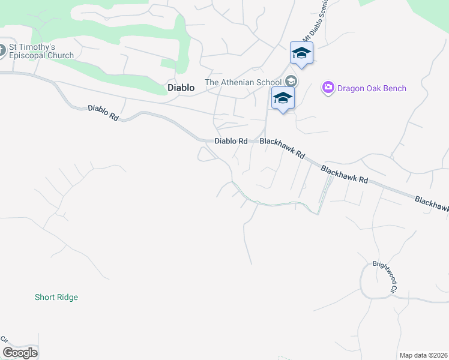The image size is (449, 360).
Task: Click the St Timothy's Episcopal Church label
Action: [41, 51]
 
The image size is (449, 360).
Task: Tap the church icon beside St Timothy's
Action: [2, 50]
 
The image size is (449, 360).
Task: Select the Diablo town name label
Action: [181, 88]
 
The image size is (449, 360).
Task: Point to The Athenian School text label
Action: [243, 82]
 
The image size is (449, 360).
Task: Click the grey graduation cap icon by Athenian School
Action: [291, 81]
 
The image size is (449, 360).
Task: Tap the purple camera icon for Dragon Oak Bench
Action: [328, 88]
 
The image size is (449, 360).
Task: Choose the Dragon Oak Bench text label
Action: [372, 88]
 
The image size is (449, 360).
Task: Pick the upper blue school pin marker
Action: [301, 53]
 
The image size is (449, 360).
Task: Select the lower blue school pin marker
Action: [282, 98]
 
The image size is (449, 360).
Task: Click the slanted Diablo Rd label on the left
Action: [103, 113]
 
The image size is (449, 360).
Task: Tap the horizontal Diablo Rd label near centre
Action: [231, 141]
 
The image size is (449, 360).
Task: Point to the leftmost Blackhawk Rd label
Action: [282, 148]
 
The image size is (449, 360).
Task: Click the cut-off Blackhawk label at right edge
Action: [432, 204]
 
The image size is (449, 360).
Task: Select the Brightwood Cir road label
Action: [385, 277]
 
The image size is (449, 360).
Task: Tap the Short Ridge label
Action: [56, 297]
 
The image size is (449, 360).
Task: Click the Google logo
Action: [20, 353]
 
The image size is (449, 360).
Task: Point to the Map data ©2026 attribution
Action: [423, 355]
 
